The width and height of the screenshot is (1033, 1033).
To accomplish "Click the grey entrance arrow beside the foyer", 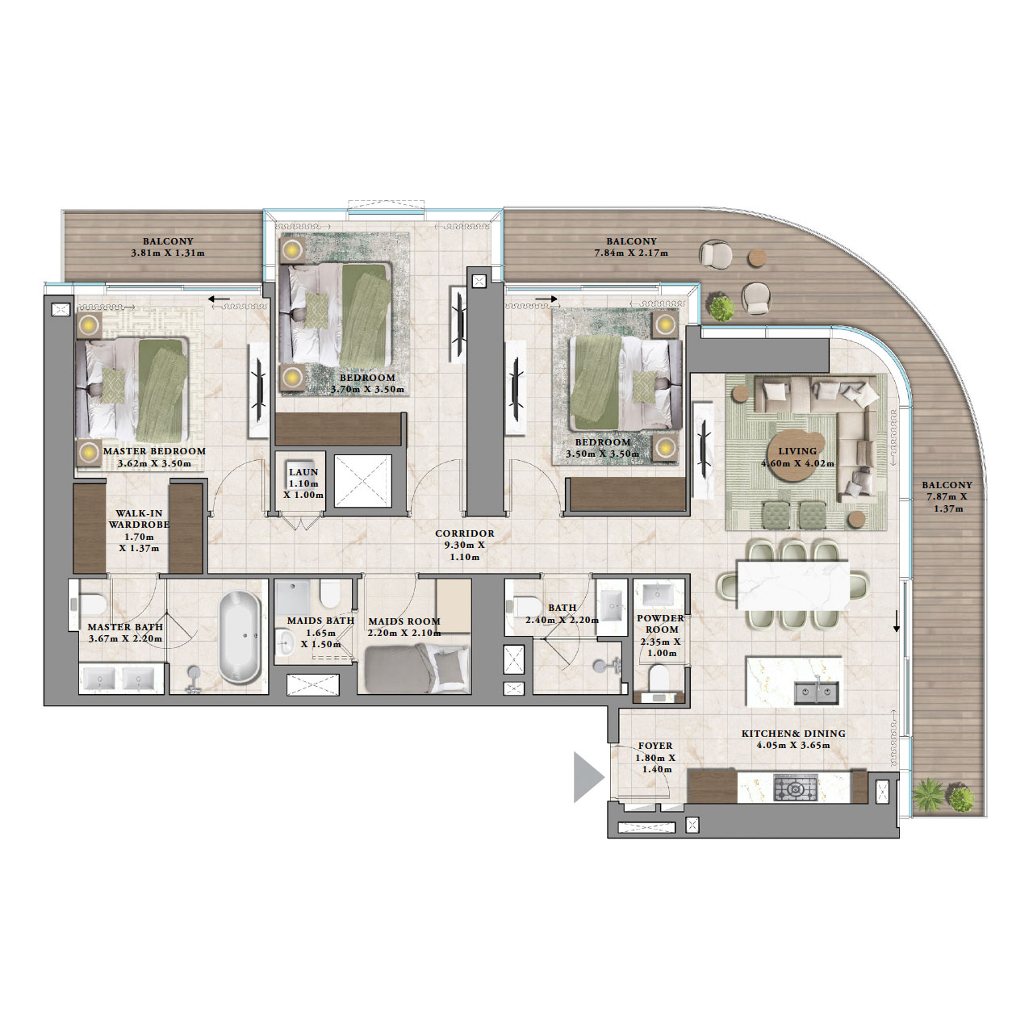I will tap(588, 777).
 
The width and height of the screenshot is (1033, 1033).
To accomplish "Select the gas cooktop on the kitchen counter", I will tap(795, 787).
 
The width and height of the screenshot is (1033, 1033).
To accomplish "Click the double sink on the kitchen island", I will tap(816, 692).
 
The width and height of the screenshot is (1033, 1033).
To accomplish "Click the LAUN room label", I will tap(303, 472).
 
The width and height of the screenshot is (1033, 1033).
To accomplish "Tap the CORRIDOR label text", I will tap(464, 533).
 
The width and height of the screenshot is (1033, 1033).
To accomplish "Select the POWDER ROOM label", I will tap(660, 624).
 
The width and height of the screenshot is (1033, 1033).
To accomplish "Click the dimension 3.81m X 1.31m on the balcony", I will tap(168, 253).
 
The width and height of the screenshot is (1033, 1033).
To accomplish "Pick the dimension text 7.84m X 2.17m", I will tap(631, 253).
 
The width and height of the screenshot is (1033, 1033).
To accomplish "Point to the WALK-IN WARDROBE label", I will tap(139, 519).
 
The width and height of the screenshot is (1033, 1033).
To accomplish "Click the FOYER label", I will tap(655, 747).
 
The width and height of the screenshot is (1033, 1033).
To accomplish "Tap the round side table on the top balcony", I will tap(758, 257).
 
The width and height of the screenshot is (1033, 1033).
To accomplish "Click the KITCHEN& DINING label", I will tap(793, 734).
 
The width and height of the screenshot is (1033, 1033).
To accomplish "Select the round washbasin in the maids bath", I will tap(284, 643).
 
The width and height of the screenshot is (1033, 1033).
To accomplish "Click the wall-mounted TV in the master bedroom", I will tap(259, 380).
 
